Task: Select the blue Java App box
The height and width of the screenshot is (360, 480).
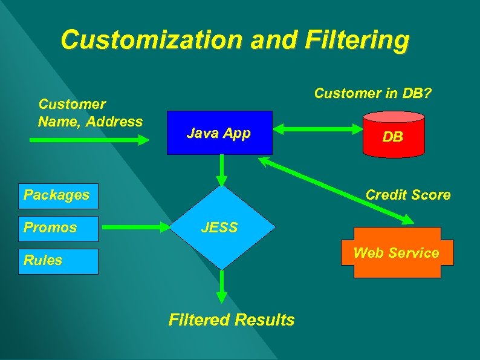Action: click(x=219, y=133)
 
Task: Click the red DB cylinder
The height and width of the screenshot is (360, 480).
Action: click(x=392, y=137)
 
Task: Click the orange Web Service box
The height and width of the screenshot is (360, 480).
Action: click(x=396, y=253)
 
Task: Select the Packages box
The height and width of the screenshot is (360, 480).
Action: click(x=58, y=195)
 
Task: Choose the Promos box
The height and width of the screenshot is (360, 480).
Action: click(x=58, y=227)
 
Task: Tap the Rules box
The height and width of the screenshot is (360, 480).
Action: click(x=58, y=260)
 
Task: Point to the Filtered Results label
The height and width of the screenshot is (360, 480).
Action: click(x=232, y=319)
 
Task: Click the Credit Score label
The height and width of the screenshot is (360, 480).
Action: click(x=407, y=195)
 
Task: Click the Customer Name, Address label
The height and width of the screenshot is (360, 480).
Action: click(x=89, y=113)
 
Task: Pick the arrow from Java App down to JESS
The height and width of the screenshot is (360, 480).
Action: click(x=222, y=170)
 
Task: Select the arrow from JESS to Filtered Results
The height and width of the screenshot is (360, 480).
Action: click(x=222, y=286)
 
